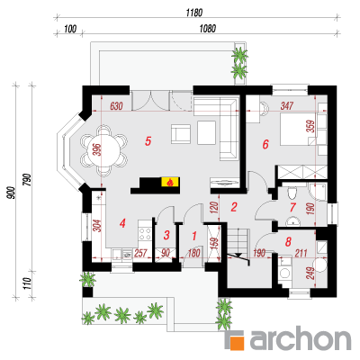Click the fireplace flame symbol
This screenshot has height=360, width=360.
click(x=170, y=182)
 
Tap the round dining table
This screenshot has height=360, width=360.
click(x=103, y=150)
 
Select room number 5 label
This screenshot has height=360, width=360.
click(x=148, y=141)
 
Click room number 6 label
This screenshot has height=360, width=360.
click(x=265, y=145)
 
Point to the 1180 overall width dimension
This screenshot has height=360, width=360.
click(x=194, y=13)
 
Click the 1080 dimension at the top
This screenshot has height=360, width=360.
click(x=208, y=29)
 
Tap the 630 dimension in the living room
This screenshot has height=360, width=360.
click(x=116, y=106)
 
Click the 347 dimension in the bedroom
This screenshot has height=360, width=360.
click(x=287, y=106)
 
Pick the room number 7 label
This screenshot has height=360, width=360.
click(x=292, y=207)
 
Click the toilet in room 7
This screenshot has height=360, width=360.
click(x=292, y=193)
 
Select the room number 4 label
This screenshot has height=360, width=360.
click(x=121, y=223)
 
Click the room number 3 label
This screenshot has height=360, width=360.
click(x=166, y=235)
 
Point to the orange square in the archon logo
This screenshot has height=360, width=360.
click(x=236, y=341)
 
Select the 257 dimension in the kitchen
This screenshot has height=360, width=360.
click(x=140, y=253)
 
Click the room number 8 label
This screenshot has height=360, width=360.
click(x=288, y=242)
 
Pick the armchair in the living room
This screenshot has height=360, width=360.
click(x=181, y=134)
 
